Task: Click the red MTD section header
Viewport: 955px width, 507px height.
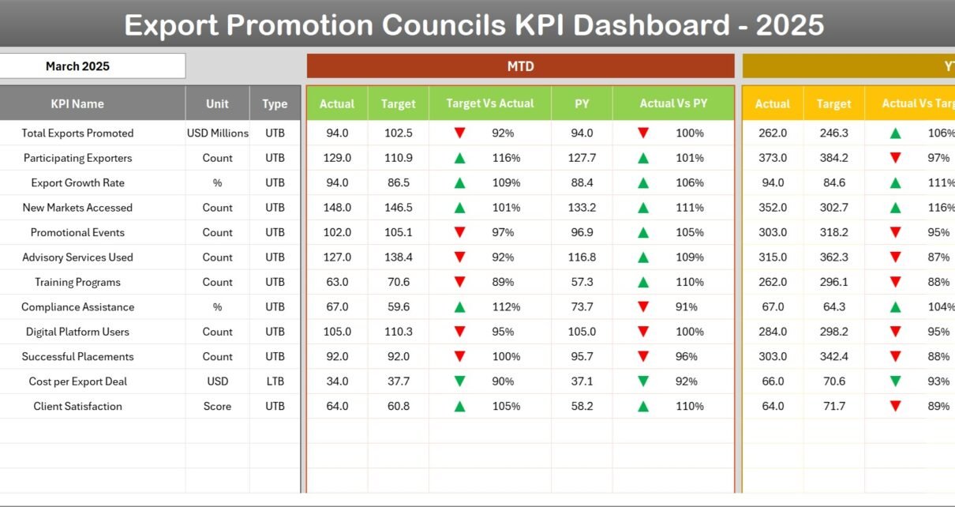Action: pos(520,66)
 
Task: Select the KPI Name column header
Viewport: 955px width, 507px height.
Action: pos(77,103)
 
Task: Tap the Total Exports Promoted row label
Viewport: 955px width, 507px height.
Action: pos(77,133)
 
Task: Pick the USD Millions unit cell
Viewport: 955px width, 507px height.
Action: pos(217,133)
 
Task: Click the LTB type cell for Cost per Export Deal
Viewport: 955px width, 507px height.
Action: pos(275,381)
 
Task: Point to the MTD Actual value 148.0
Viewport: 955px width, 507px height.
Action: pos(337,208)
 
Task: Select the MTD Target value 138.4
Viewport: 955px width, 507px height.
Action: pos(398,257)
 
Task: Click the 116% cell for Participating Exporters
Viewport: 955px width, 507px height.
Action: pos(506,158)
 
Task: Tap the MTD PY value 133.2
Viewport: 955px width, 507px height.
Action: pos(582,208)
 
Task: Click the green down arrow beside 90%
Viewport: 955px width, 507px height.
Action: pos(459,381)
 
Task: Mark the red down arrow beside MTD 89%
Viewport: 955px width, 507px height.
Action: pos(459,282)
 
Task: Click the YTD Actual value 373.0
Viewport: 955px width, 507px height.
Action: pos(773,158)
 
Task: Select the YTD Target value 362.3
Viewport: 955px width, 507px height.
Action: pos(833,257)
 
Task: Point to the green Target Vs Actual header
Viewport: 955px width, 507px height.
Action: pos(489,103)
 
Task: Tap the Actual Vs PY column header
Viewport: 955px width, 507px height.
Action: pos(673,103)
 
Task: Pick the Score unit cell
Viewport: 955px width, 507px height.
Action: pos(217,407)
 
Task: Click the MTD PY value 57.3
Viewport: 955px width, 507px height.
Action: pos(582,282)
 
